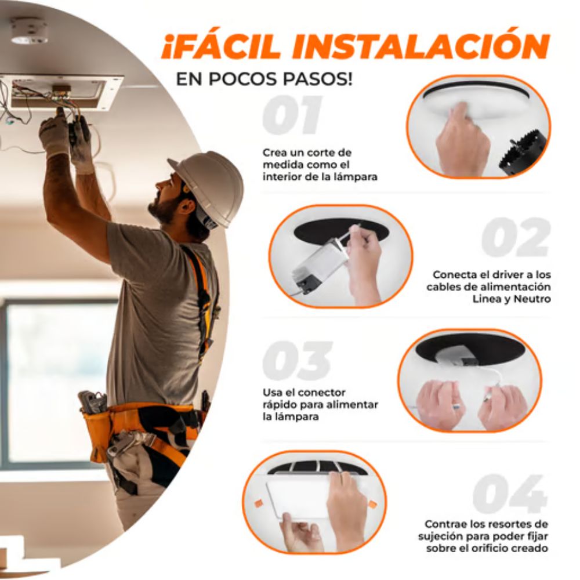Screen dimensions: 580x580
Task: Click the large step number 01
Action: (292, 115)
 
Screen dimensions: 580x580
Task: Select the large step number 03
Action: (297, 361)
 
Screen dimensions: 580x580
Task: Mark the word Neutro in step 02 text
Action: (531, 299)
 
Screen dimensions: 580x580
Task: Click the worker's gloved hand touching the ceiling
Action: (55, 130)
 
